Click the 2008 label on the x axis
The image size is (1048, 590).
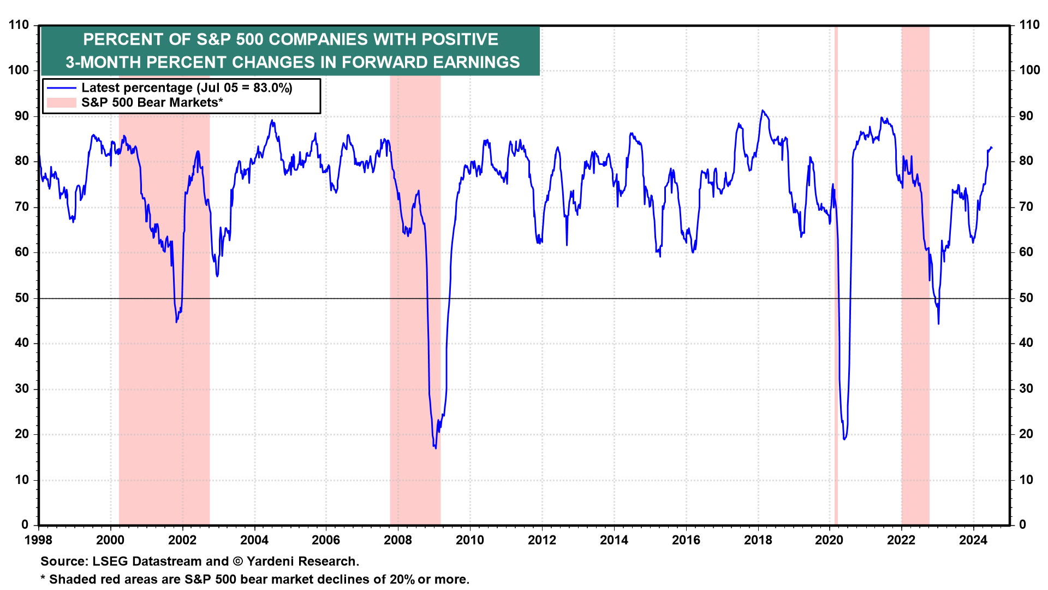tap(397, 540)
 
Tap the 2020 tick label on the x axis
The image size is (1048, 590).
tap(829, 540)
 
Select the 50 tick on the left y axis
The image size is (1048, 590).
tap(22, 298)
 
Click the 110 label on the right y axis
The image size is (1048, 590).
tap(1029, 25)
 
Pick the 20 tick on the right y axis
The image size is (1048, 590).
tap(1026, 434)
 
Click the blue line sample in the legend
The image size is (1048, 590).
tap(61, 88)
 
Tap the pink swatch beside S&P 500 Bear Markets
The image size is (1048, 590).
tap(61, 103)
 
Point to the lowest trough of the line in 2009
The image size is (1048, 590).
tap(435, 449)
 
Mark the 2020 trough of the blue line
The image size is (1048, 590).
tap(844, 439)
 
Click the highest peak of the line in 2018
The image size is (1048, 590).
tap(763, 110)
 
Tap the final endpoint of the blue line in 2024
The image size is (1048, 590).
tap(992, 148)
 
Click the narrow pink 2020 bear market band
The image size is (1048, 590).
tap(836, 273)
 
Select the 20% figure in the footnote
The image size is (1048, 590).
tap(402, 580)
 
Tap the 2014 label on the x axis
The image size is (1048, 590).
tap(614, 540)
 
